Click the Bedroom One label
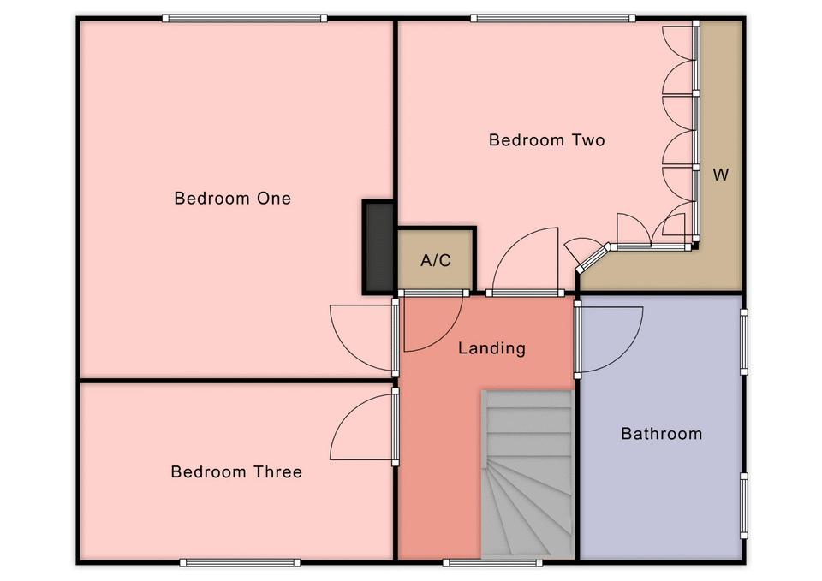point(232,198)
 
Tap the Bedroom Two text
point(547,139)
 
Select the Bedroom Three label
point(236,471)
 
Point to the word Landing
point(491,348)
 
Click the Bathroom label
point(662,433)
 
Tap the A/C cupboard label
point(436,260)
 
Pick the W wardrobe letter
point(721,175)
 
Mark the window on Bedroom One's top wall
point(245,18)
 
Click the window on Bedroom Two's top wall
point(553,18)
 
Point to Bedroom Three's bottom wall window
point(240,563)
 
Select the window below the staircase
point(493,563)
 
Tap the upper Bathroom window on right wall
point(743,341)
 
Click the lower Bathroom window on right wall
point(743,506)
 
